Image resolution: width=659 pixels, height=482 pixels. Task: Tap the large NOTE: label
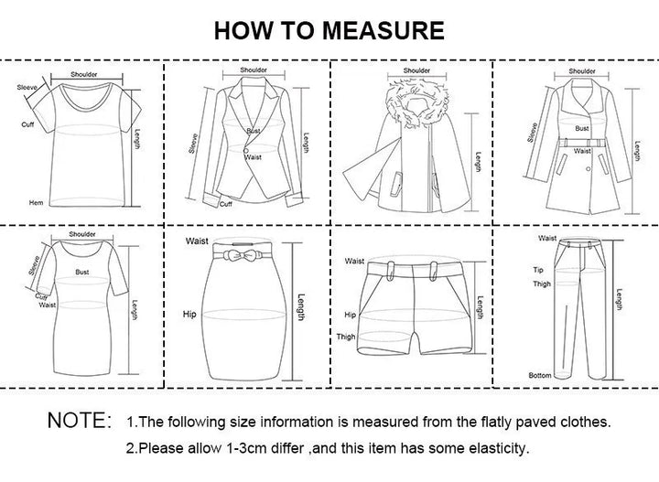pyautogui.click(x=79, y=422)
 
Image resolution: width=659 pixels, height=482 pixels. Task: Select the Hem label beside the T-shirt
pyautogui.click(x=36, y=202)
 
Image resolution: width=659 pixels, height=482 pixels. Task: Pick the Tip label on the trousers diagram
pyautogui.click(x=539, y=270)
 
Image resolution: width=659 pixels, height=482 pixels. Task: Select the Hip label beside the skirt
pyautogui.click(x=189, y=314)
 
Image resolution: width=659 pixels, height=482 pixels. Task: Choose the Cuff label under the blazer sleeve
pyautogui.click(x=225, y=206)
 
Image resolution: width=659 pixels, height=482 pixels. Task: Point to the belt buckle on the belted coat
pyautogui.click(x=582, y=141)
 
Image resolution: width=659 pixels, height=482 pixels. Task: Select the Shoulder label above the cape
pyautogui.click(x=416, y=70)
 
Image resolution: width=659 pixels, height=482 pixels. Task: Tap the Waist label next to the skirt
pyautogui.click(x=196, y=241)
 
